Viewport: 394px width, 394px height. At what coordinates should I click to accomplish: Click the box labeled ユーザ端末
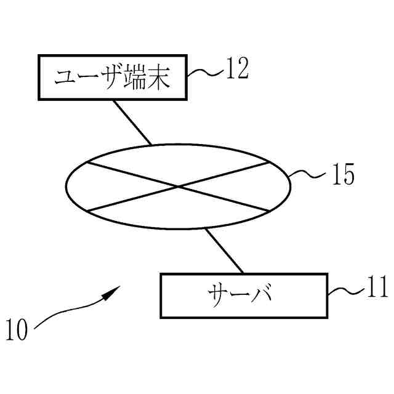coord(112,77)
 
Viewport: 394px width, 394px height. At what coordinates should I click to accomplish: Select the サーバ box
coord(244,295)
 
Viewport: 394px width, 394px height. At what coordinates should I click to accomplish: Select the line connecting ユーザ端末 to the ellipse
coord(132,122)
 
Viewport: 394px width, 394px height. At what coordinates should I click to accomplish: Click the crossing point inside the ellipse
coord(179,186)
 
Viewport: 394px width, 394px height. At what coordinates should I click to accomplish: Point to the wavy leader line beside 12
coord(204,73)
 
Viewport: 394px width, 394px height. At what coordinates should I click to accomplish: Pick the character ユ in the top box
coord(64,79)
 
